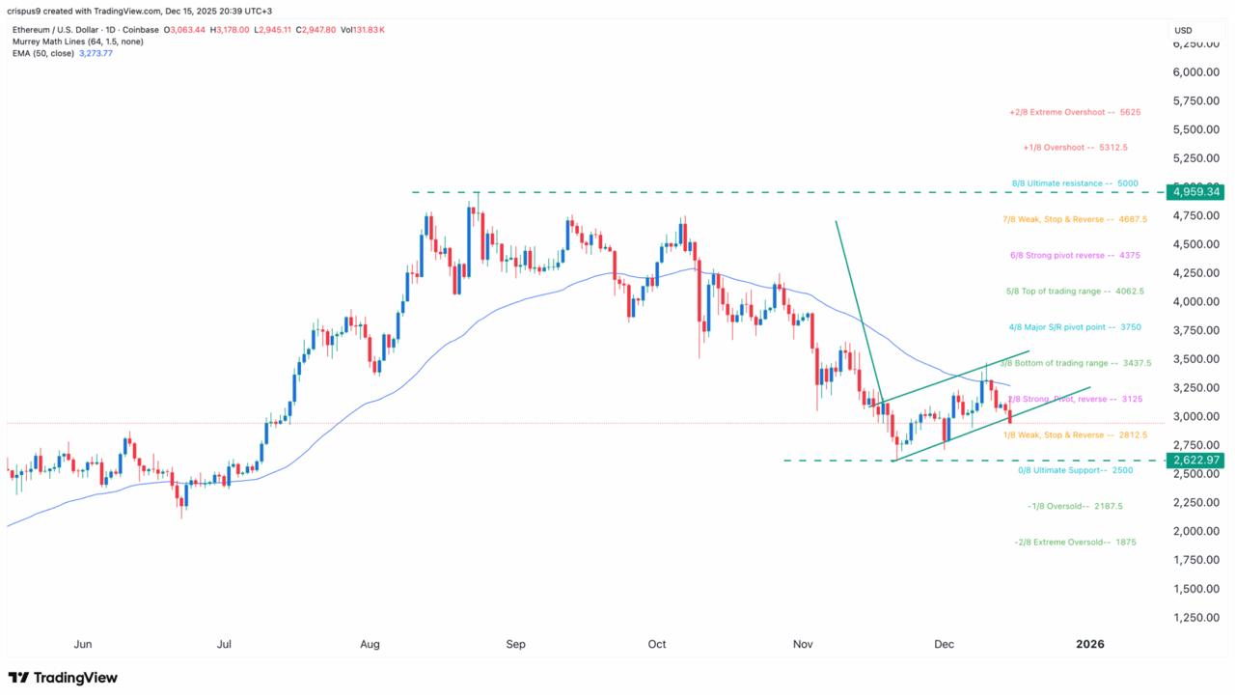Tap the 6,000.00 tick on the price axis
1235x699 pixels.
click(x=1194, y=72)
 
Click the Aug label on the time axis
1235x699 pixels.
click(x=370, y=644)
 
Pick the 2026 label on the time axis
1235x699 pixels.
click(x=1090, y=644)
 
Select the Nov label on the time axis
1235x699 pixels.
click(x=803, y=644)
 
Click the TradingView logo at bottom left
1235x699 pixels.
click(x=63, y=678)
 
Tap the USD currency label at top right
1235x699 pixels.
click(x=1183, y=31)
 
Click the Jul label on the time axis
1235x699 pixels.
click(x=225, y=644)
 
